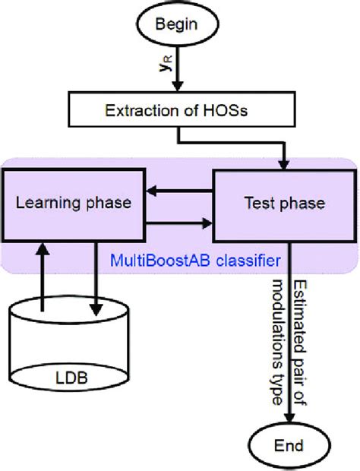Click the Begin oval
coord(175,24)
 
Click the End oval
coord(289,444)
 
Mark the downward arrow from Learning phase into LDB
coord(96,281)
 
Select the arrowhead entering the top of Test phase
coord(284,163)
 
